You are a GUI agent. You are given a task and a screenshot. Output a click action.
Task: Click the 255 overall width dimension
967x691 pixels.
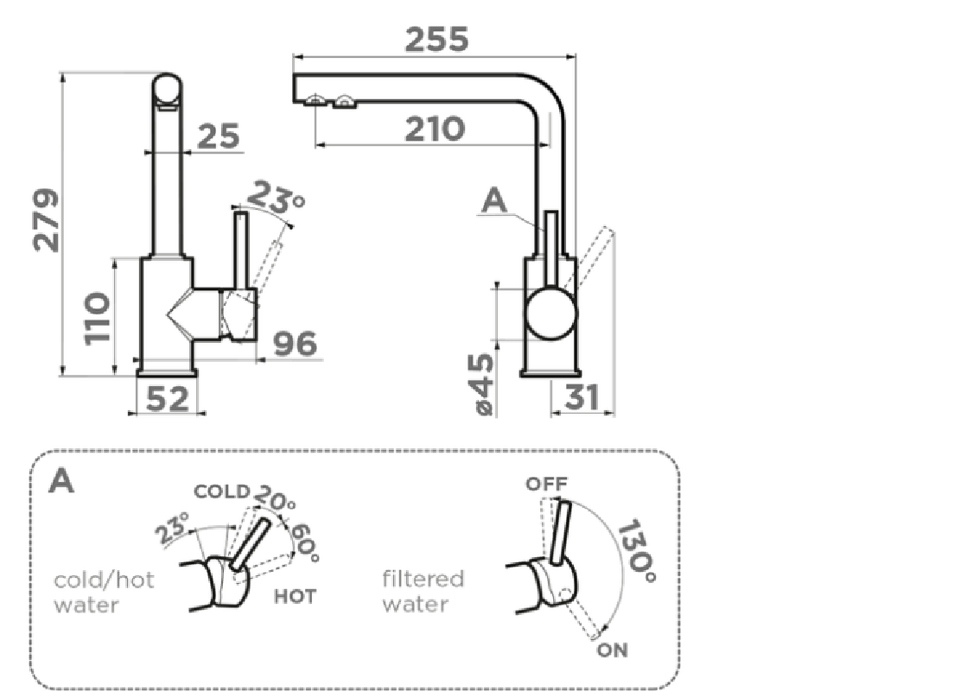click(436, 39)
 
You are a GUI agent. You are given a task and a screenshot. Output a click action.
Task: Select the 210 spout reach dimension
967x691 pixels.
click(436, 129)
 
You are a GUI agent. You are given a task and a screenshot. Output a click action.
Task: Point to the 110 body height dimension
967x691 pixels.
click(98, 317)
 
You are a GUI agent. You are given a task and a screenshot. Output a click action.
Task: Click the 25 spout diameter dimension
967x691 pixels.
click(218, 136)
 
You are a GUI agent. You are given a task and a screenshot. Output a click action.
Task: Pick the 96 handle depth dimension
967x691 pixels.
click(295, 344)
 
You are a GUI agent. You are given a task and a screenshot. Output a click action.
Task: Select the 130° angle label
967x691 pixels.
click(638, 547)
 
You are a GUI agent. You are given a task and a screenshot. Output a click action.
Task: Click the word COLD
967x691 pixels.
click(221, 492)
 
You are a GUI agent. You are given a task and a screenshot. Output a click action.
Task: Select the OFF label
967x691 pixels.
click(547, 485)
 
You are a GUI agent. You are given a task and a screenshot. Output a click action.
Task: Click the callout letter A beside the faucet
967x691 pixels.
click(493, 200)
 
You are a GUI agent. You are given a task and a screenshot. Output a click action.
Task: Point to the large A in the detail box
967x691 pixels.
click(61, 481)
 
